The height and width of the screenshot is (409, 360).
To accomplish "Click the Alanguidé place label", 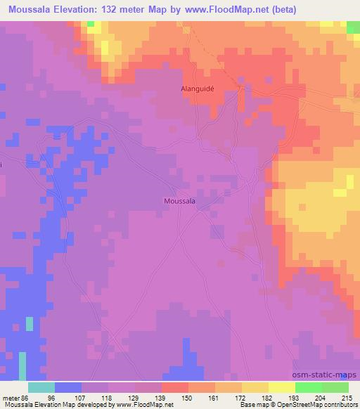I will point(193,89).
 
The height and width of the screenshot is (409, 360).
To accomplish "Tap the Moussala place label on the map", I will point(179,200).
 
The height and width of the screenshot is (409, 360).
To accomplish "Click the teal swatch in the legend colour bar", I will point(41,387).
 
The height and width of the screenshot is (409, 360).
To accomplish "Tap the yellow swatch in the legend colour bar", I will point(281,387).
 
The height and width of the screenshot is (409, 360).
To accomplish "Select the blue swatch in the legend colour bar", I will point(68,387).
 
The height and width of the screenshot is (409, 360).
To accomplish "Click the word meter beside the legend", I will point(13,398).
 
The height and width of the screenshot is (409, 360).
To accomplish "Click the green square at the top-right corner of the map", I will point(354,27).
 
